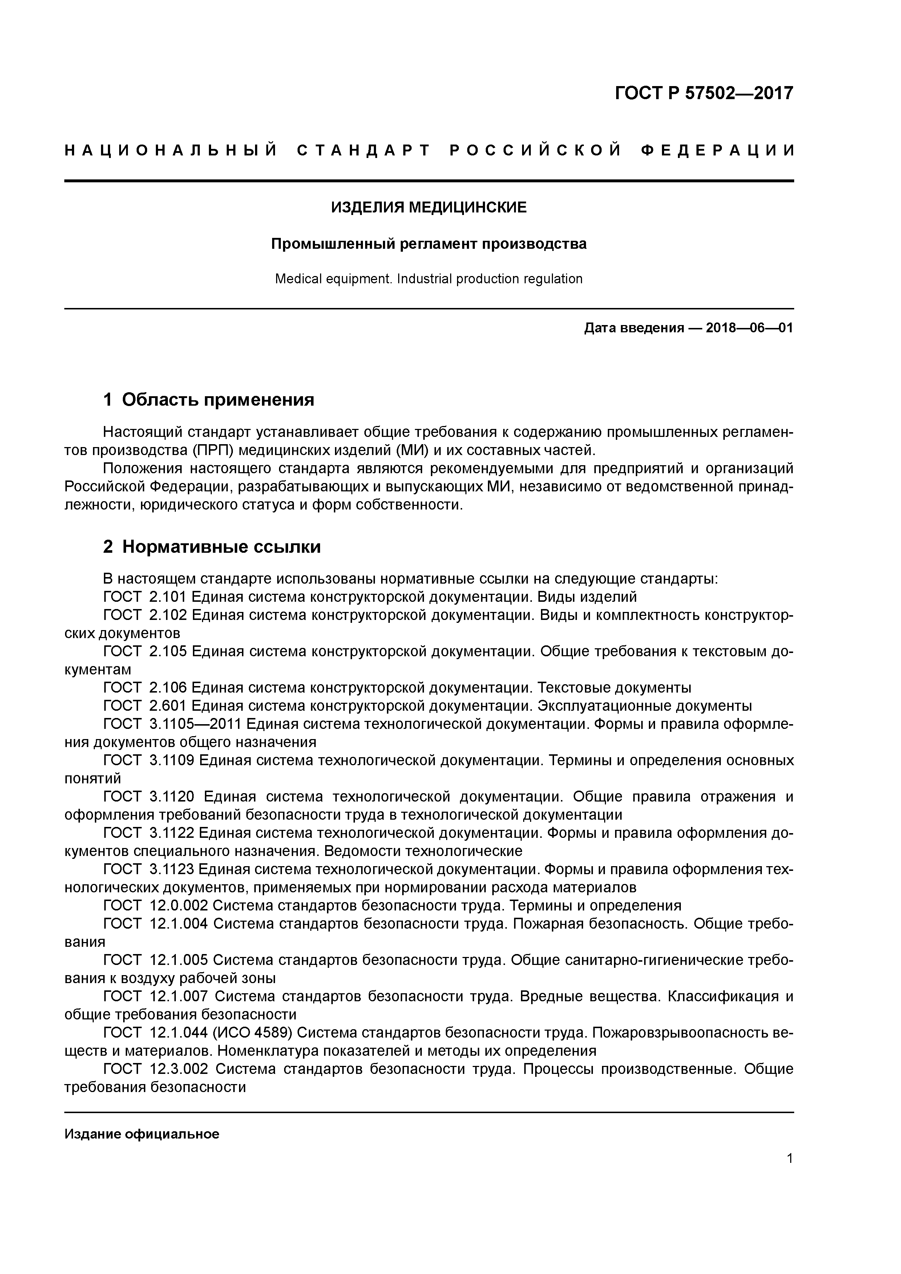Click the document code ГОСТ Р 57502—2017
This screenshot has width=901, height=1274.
point(704,93)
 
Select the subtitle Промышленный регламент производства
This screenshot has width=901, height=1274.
point(429,244)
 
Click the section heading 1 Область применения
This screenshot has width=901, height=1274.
point(209,399)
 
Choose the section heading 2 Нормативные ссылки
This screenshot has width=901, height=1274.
point(212,547)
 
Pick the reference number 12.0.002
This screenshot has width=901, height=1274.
point(179,905)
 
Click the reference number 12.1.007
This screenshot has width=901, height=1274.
point(179,997)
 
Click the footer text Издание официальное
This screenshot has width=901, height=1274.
point(142,1134)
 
